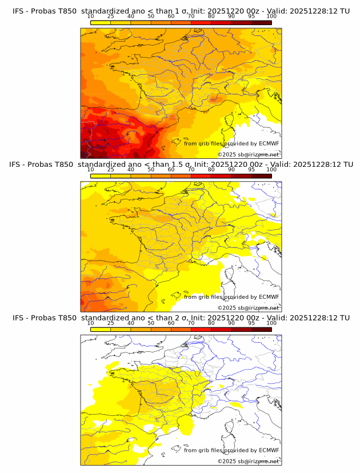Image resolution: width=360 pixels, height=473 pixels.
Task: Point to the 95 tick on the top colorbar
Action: (x=251, y=17)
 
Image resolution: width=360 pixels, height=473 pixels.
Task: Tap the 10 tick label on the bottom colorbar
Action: (x=90, y=323)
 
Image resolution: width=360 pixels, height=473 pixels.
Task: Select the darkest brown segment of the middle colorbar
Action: (x=261, y=176)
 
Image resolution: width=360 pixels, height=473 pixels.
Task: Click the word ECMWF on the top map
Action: (x=269, y=143)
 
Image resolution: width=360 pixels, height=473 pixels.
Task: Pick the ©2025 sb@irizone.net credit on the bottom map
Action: (x=248, y=461)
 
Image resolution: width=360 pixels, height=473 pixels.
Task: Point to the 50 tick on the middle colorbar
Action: (x=151, y=170)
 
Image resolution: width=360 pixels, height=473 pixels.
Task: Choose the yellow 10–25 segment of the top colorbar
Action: (x=101, y=22)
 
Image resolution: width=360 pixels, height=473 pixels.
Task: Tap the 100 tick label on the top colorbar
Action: (x=271, y=17)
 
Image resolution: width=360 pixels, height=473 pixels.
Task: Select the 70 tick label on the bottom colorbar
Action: (x=191, y=323)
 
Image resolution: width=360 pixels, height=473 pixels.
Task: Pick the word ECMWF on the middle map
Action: (x=269, y=297)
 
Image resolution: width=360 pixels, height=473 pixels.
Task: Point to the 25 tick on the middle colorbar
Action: (x=110, y=170)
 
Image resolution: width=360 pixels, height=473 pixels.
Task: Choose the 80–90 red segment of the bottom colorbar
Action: (x=221, y=330)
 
